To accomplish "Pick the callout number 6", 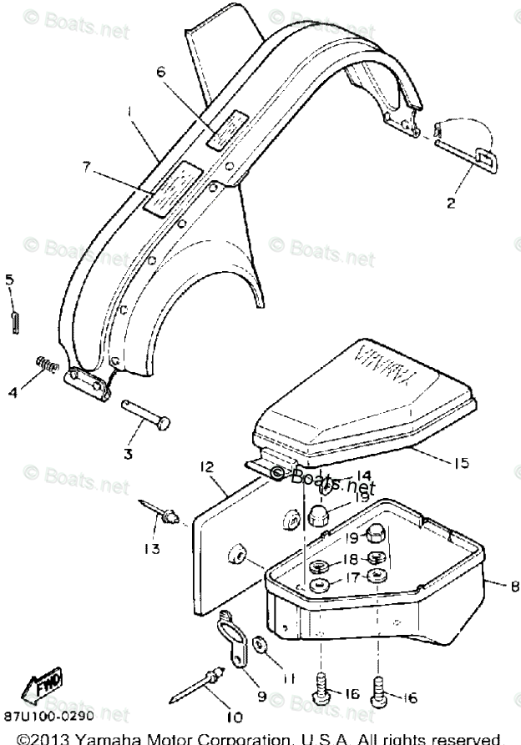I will point(161,72).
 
